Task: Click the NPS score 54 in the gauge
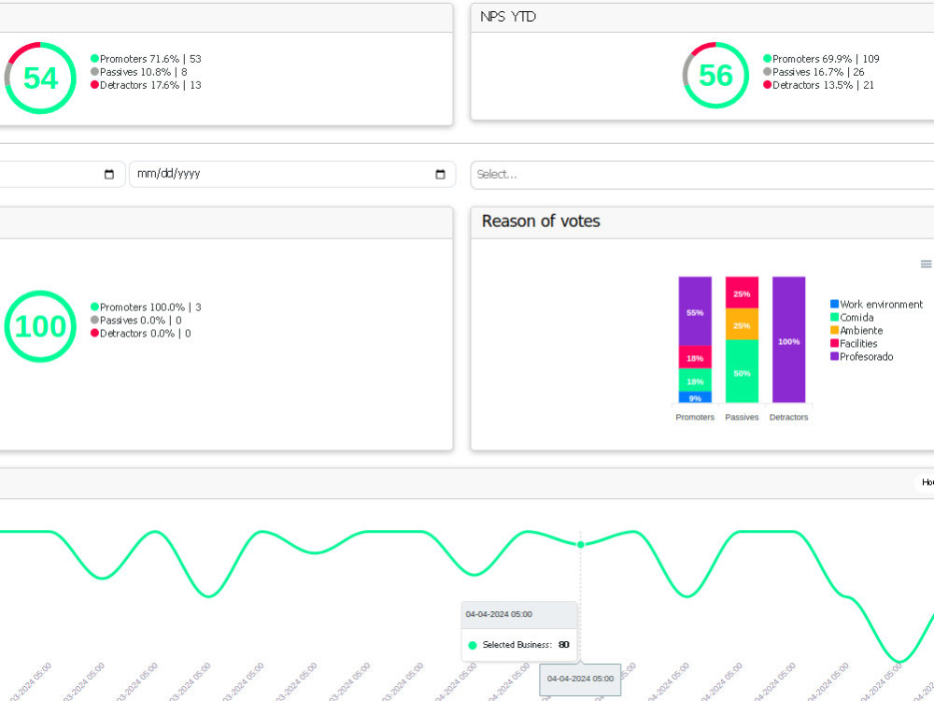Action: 40,79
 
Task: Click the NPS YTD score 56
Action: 715,75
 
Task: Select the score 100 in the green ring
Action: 40,326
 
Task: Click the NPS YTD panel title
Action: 508,17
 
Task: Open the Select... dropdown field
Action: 700,174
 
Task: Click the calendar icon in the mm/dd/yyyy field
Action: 440,175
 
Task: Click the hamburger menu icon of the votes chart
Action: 926,265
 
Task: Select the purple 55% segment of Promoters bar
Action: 695,311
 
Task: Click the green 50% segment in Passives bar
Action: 742,372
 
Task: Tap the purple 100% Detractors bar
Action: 788,340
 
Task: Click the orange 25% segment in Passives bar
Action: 742,324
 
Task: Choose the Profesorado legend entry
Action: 866,357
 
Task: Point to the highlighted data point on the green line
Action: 580,544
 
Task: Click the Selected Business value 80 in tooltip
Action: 563,645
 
